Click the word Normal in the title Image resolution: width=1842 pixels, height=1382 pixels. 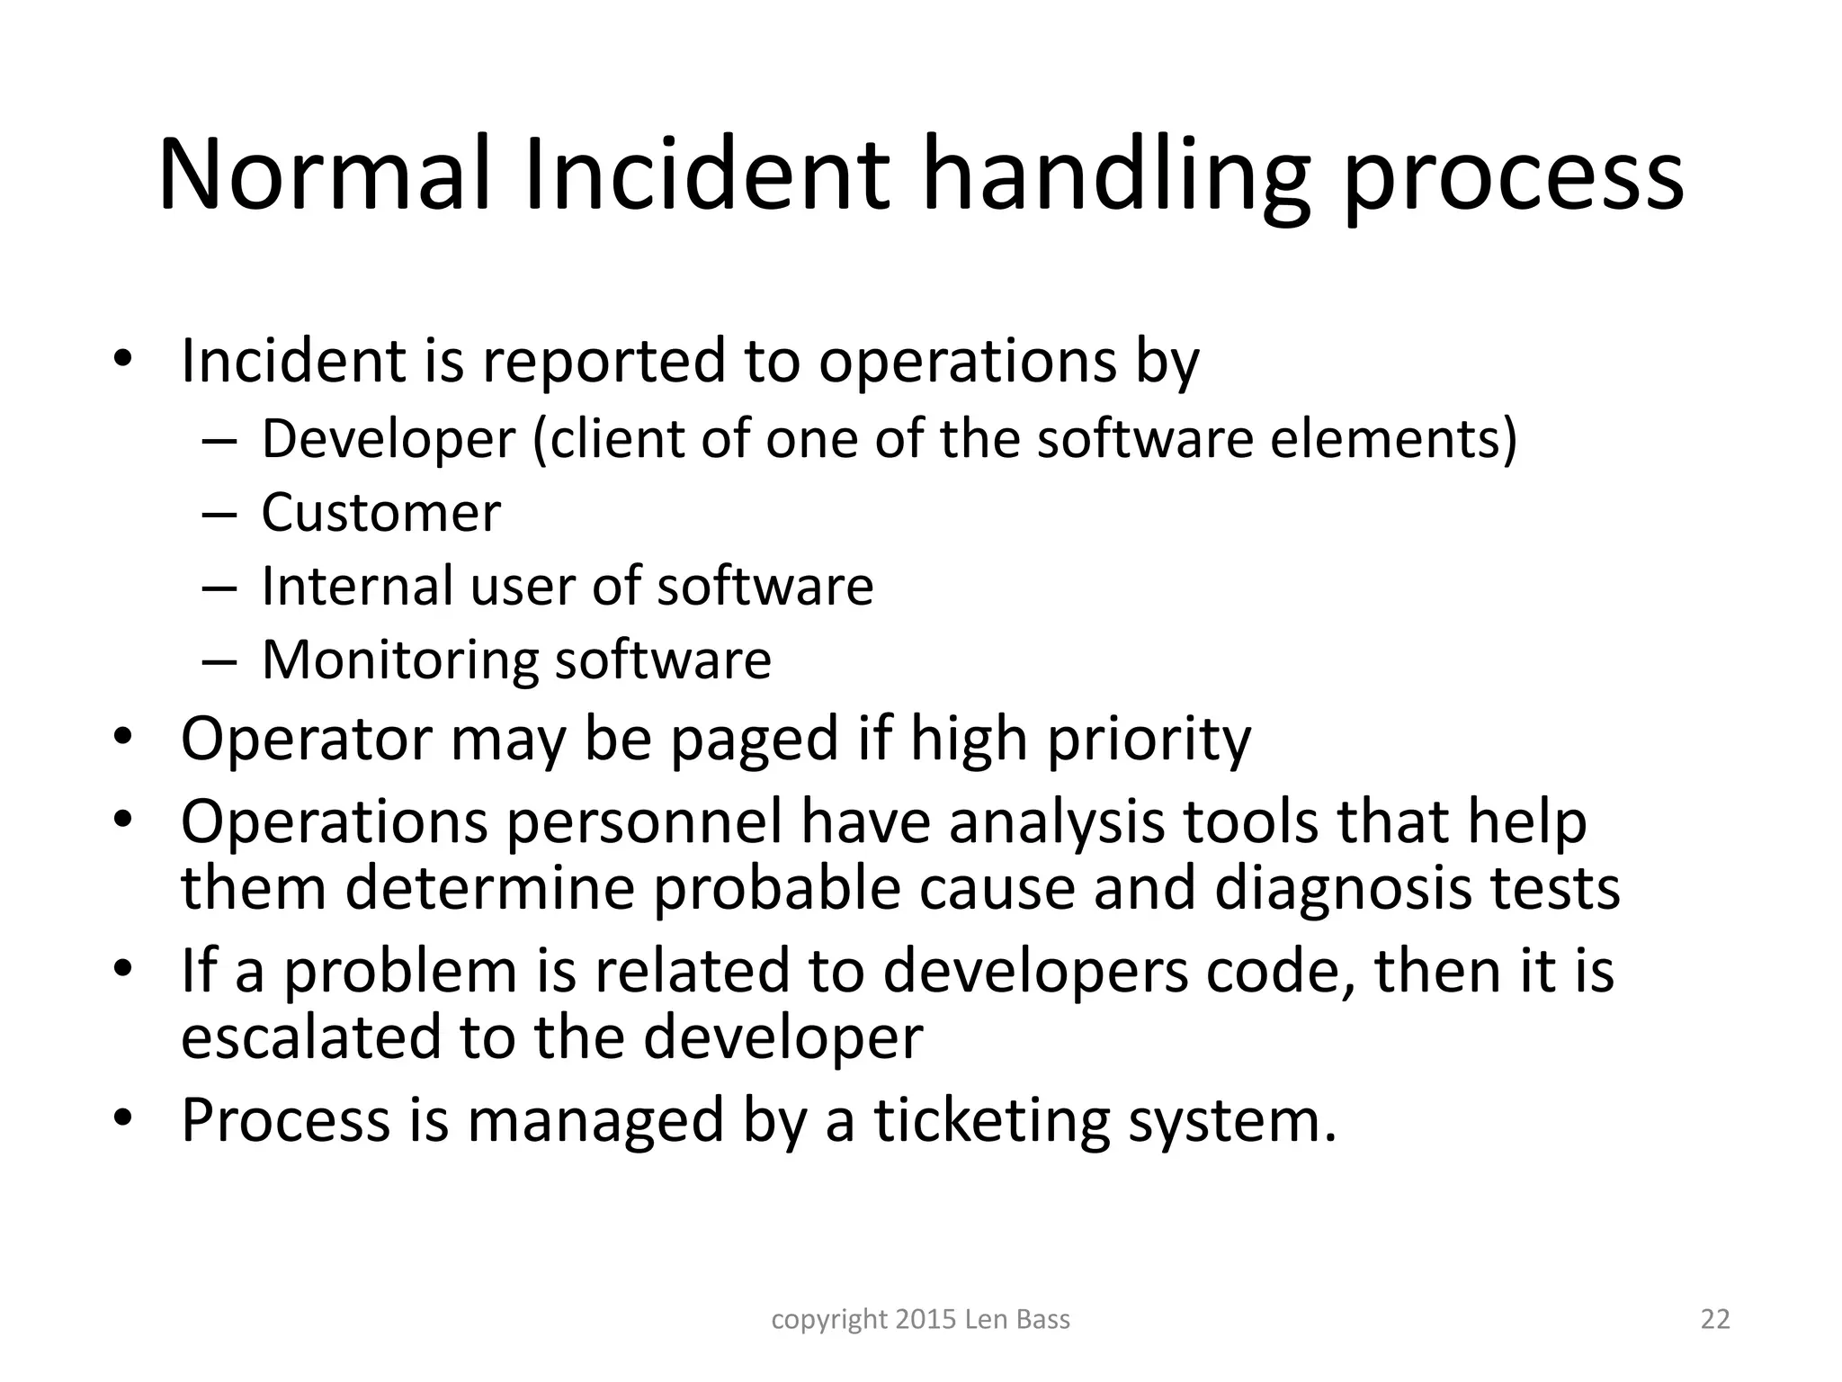point(324,174)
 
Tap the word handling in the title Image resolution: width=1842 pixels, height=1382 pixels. point(1113,174)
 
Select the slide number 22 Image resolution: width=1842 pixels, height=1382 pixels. point(1715,1319)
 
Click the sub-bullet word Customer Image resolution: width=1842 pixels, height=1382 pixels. point(380,513)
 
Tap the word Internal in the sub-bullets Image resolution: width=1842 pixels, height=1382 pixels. point(357,586)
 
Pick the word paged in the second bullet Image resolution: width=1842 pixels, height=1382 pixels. point(755,739)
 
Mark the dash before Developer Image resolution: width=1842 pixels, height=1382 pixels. point(219,441)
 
